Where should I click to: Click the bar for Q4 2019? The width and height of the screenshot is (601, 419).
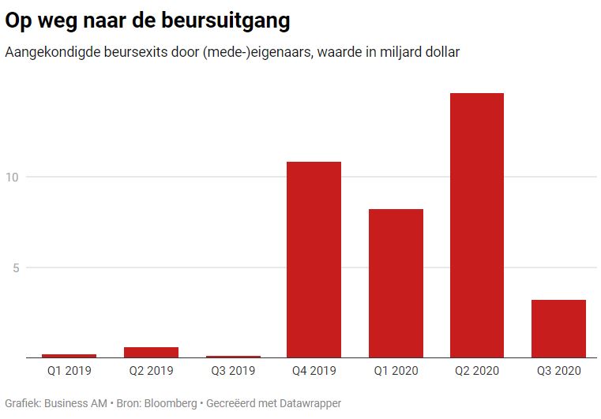point(314,260)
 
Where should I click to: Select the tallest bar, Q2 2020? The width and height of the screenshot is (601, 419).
point(477,226)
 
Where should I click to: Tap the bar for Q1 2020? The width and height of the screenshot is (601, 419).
point(396,283)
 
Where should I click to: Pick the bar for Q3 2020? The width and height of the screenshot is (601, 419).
point(558,328)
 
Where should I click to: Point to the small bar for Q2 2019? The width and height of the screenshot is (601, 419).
point(151,353)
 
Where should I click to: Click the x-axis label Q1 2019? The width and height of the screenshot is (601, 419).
point(69,370)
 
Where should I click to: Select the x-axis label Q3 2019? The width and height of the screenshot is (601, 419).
point(232,370)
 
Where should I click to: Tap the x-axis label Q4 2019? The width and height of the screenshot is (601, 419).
point(314,370)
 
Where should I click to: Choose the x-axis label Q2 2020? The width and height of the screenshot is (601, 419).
point(477,370)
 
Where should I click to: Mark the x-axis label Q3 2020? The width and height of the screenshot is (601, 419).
point(558,370)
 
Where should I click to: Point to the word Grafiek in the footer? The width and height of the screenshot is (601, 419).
point(22,403)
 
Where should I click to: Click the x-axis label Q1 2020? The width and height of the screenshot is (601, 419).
point(396,370)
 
